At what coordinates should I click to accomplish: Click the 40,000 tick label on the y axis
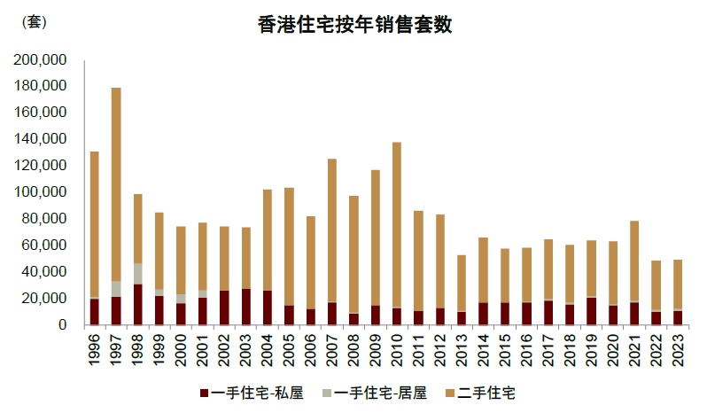click(45, 272)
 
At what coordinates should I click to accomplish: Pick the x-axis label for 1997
click(116, 348)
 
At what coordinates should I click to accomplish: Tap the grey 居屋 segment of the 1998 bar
click(137, 274)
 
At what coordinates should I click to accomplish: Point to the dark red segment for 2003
click(245, 307)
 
